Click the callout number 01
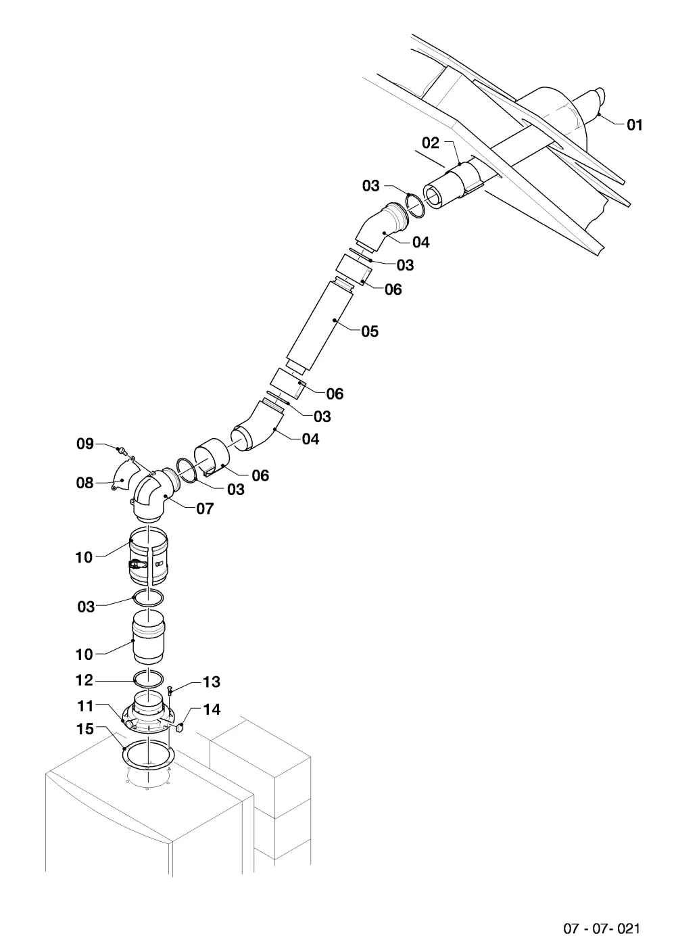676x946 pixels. [634, 125]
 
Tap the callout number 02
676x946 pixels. [431, 143]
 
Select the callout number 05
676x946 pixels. [370, 331]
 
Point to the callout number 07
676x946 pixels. [206, 509]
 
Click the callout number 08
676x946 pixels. [84, 483]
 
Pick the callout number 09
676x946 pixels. [85, 444]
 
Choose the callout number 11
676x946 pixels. [85, 706]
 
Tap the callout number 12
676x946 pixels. [84, 680]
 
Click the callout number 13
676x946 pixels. [212, 682]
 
